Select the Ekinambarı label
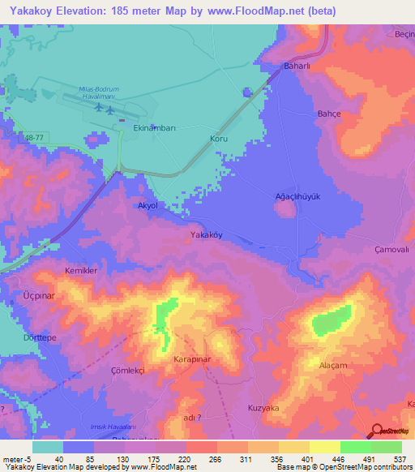point(154,128)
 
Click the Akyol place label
point(148,206)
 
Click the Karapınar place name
point(193,358)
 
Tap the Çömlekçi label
point(127,369)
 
